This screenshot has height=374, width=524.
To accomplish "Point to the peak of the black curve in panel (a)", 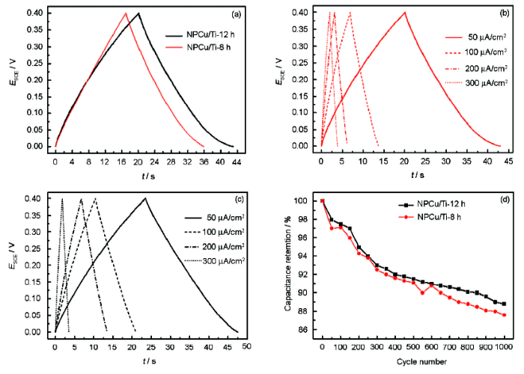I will point(138,13).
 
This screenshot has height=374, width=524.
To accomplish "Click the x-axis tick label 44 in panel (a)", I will point(234,160).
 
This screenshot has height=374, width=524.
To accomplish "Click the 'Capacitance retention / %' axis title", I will point(289,264).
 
